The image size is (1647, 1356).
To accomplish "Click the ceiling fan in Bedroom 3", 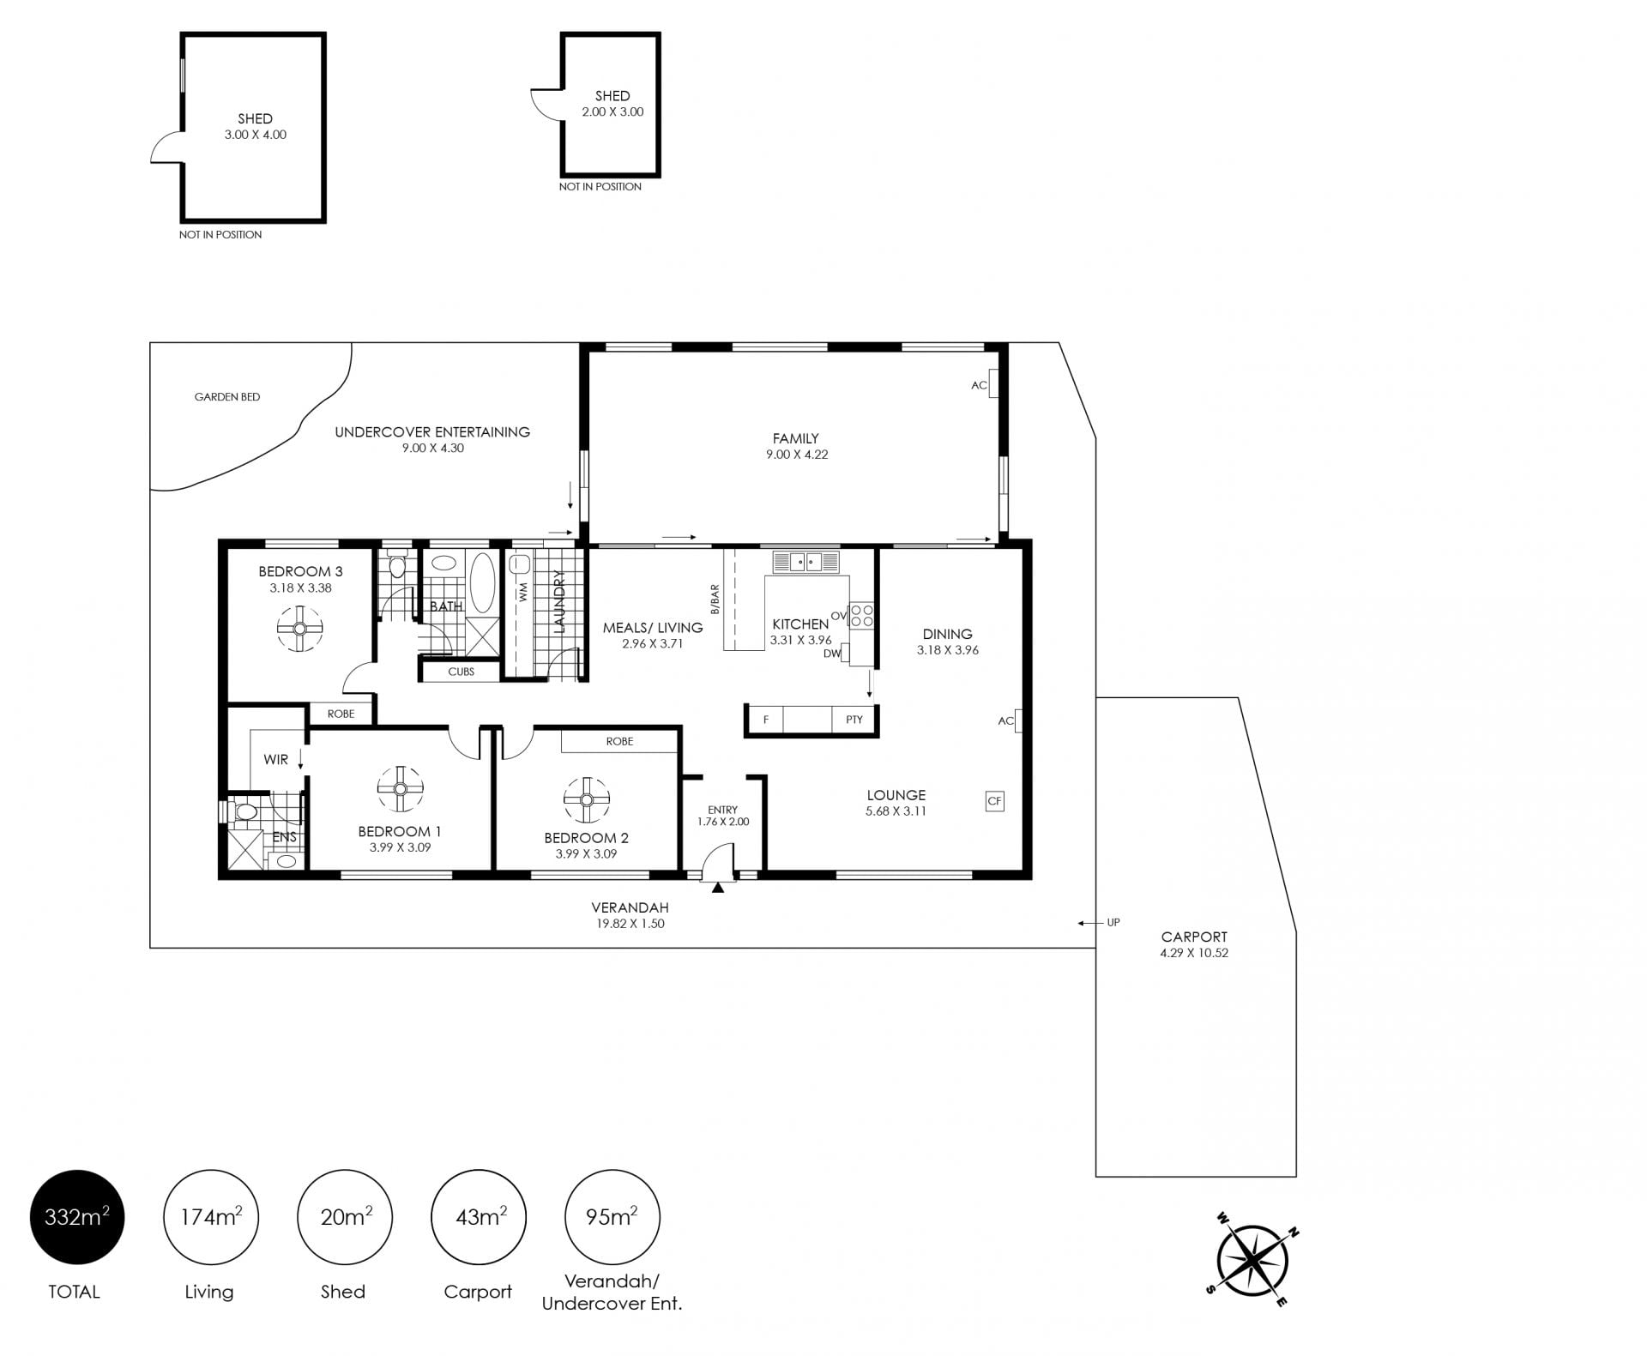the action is click(x=299, y=629).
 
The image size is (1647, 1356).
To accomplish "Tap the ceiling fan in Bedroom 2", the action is click(x=587, y=800).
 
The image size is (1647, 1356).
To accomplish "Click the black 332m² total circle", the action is click(x=77, y=1217).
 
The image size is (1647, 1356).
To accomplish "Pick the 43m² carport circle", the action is click(x=479, y=1217).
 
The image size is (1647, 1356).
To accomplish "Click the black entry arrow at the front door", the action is click(x=718, y=888).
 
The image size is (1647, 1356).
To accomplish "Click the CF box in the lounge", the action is click(x=994, y=801).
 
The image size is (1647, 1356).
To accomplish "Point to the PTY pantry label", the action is click(x=854, y=720).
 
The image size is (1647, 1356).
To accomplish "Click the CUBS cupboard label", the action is click(x=462, y=672).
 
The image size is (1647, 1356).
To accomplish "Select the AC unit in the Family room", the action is click(x=994, y=383).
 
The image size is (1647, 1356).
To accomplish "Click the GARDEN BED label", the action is click(x=227, y=397).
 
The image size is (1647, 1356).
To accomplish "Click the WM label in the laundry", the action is click(x=522, y=592).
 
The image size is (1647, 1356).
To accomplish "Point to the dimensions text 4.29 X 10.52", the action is click(x=1194, y=953).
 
